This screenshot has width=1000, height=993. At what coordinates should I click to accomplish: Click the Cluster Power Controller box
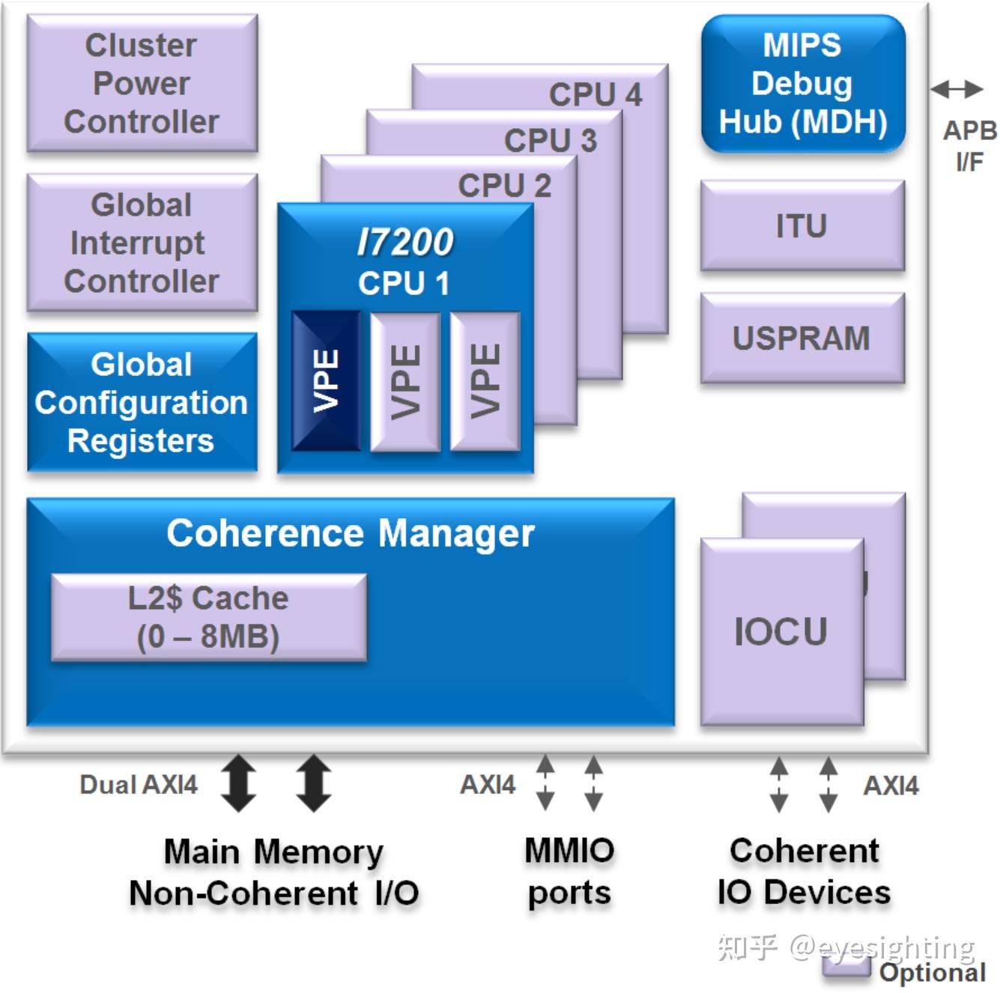142,83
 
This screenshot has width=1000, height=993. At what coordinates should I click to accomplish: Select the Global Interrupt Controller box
142,243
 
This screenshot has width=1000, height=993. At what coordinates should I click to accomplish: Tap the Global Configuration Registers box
142,402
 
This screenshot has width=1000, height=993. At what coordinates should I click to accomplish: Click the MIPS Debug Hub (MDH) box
803,83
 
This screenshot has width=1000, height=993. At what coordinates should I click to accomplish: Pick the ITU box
802,225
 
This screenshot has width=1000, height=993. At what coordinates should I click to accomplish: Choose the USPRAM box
802,338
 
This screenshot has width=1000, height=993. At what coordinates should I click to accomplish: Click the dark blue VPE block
326,380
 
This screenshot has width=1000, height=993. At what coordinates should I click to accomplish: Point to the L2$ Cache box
208,617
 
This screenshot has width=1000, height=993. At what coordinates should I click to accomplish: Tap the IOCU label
781,631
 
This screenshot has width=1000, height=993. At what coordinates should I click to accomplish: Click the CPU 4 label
596,94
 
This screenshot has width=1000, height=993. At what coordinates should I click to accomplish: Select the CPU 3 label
551,140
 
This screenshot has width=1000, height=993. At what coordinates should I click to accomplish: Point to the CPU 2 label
505,186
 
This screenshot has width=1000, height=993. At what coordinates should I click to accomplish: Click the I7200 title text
405,242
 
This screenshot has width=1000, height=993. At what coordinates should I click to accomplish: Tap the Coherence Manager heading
351,533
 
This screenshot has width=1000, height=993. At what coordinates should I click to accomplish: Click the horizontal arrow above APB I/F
957,89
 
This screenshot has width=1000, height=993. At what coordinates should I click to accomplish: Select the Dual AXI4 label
139,785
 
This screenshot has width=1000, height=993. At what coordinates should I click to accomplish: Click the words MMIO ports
569,871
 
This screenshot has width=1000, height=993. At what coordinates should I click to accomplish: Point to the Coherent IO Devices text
804,871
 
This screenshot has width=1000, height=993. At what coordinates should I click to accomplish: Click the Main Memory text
273,851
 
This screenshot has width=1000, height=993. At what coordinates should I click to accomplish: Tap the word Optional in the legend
932,972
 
